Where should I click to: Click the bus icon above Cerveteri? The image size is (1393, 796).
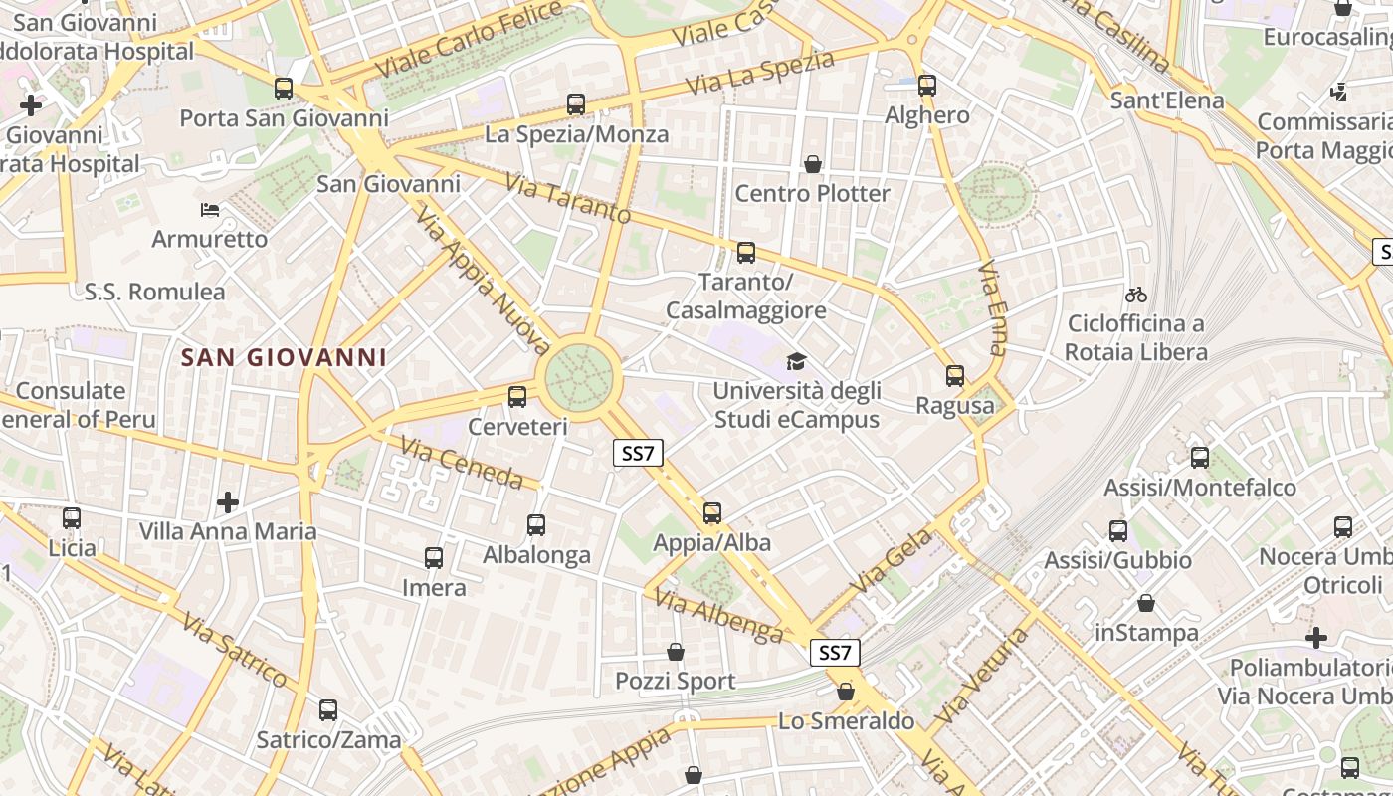[517, 397]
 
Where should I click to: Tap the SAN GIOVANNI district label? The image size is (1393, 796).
[284, 357]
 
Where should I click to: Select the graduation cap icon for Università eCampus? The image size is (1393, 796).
[796, 360]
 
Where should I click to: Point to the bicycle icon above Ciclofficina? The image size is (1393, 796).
[1136, 295]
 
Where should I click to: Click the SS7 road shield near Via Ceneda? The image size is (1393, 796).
[638, 454]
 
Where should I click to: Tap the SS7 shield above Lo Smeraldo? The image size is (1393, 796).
[835, 653]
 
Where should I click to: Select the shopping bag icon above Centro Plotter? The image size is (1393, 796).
[813, 163]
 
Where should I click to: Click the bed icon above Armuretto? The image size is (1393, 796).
[210, 209]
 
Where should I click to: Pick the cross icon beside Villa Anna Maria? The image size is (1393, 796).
[228, 502]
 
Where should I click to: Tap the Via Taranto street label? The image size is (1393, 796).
[568, 198]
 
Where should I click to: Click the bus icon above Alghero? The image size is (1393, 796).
[927, 86]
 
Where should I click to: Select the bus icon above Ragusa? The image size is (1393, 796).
[955, 376]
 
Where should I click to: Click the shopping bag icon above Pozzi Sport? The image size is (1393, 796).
[676, 652]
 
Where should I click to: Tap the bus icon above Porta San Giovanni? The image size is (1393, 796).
[284, 89]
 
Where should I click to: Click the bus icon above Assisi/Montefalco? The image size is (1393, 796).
[1200, 458]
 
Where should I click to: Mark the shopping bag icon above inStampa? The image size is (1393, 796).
[1146, 603]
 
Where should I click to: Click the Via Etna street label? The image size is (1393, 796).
[992, 307]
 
